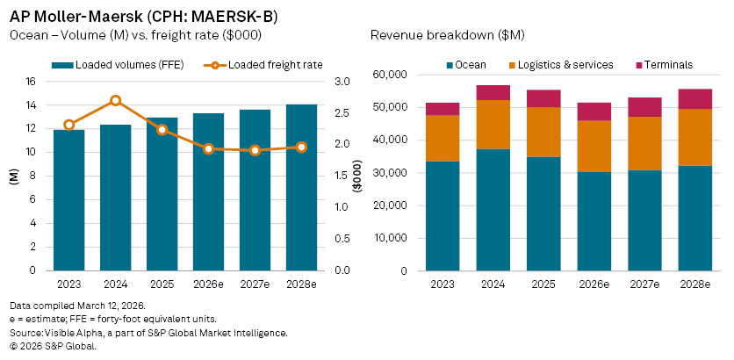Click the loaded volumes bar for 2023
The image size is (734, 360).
68,200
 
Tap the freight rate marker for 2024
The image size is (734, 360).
115,101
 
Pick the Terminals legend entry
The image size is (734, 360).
666,64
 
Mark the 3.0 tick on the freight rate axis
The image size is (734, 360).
342,82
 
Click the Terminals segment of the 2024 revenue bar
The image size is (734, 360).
493,92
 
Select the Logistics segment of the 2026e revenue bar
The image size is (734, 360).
594,146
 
